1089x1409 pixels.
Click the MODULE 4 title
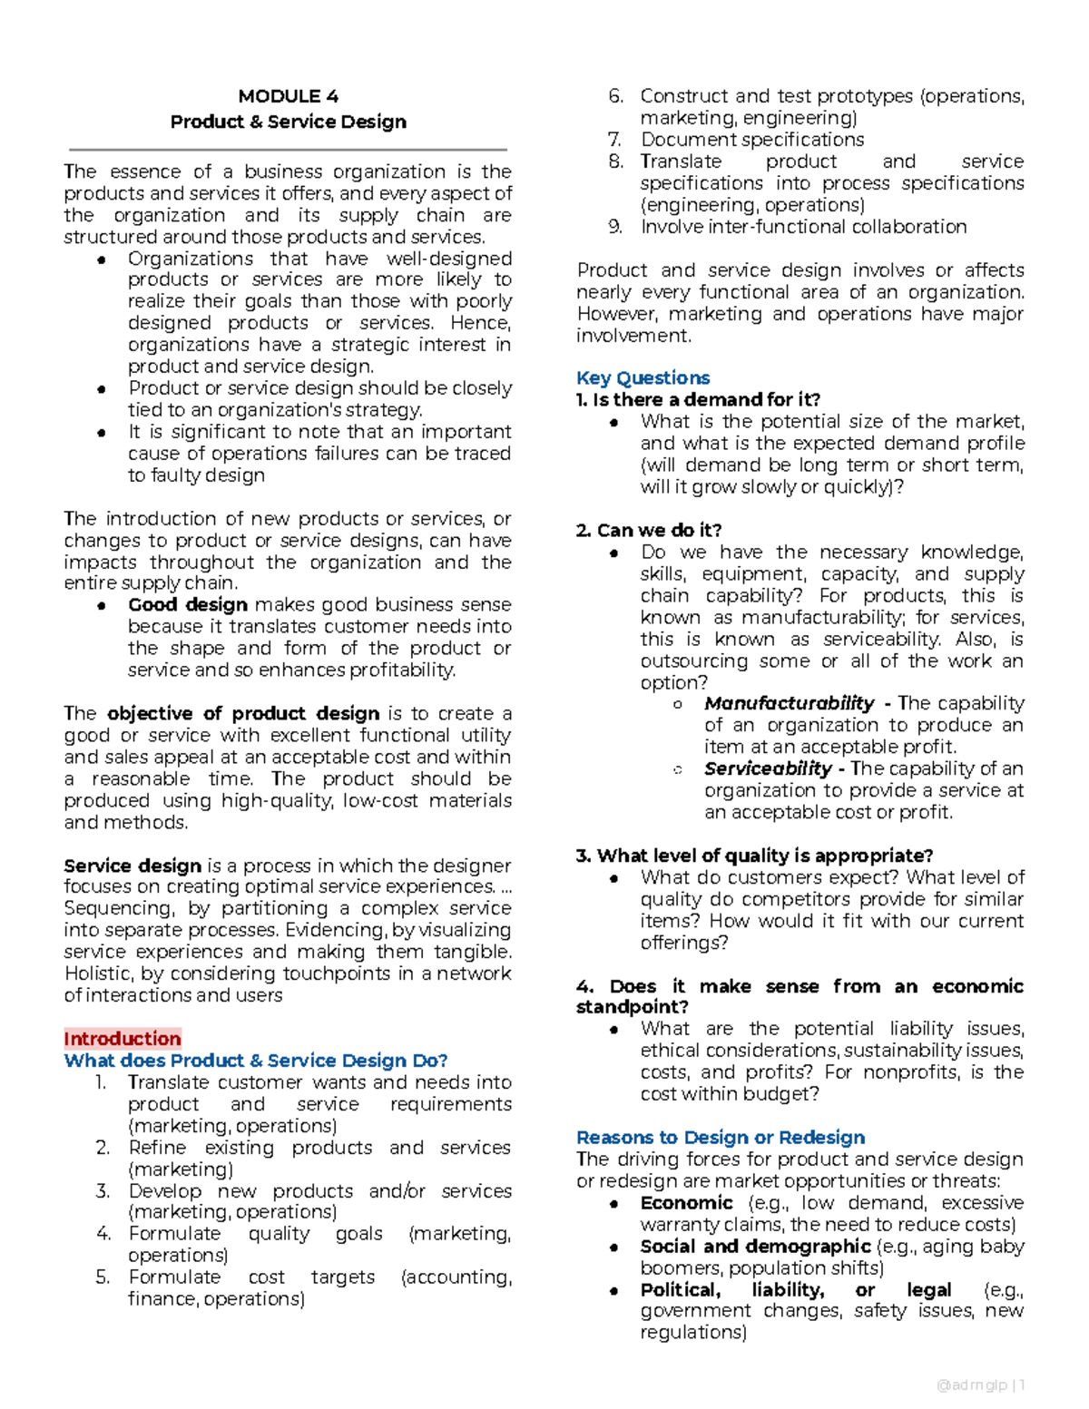pyautogui.click(x=288, y=96)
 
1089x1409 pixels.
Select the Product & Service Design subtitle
pyautogui.click(x=288, y=122)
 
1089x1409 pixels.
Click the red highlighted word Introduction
pyautogui.click(x=123, y=1039)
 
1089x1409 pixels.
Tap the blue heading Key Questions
pyautogui.click(x=643, y=377)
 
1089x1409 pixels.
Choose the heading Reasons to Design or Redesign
pyautogui.click(x=721, y=1137)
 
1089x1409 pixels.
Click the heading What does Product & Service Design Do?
pyautogui.click(x=256, y=1061)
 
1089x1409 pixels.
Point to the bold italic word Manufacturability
pyautogui.click(x=789, y=703)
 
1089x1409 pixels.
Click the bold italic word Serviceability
pyautogui.click(x=768, y=768)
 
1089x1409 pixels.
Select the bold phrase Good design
pyautogui.click(x=188, y=604)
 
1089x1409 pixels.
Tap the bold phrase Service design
pyautogui.click(x=132, y=866)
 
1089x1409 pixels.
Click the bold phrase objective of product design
pyautogui.click(x=243, y=713)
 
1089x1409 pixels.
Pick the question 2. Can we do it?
pyautogui.click(x=649, y=530)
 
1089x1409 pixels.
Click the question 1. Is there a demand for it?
pyautogui.click(x=698, y=399)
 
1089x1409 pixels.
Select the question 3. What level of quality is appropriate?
pyautogui.click(x=754, y=856)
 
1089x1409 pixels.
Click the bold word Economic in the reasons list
pyautogui.click(x=686, y=1202)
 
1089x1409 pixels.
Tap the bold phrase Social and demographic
pyautogui.click(x=755, y=1246)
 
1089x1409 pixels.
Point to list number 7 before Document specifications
pyautogui.click(x=614, y=140)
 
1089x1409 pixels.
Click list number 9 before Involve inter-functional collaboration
pyautogui.click(x=615, y=227)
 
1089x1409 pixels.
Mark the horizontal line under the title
pyautogui.click(x=288, y=149)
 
